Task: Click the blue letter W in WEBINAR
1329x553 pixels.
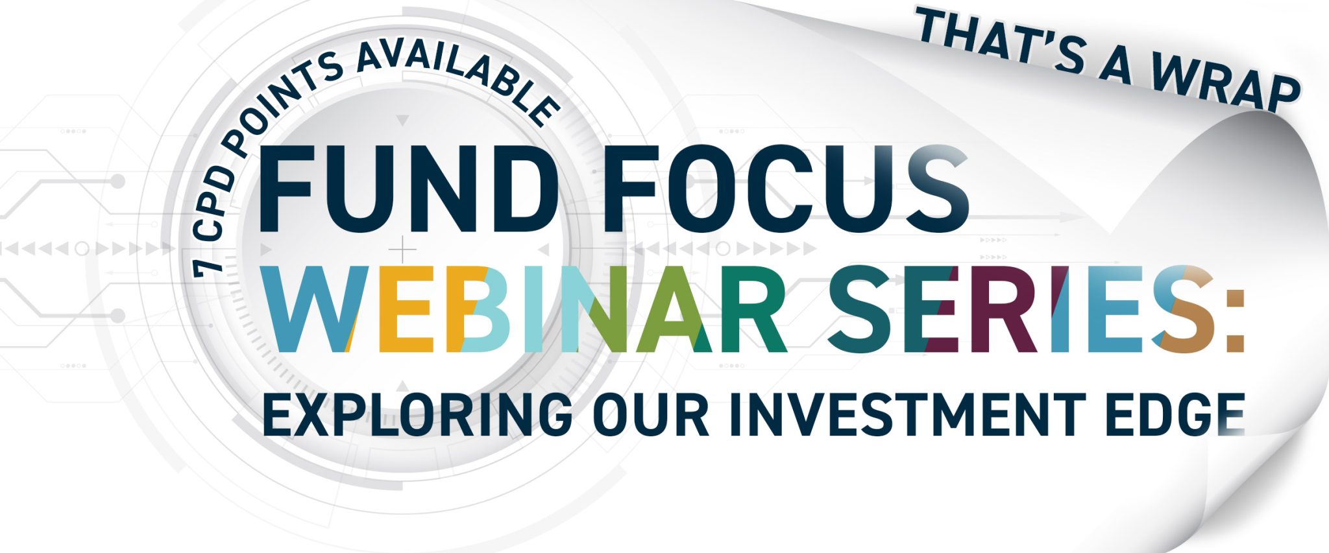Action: (x=310, y=309)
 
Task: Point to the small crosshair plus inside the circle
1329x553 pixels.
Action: (x=403, y=250)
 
